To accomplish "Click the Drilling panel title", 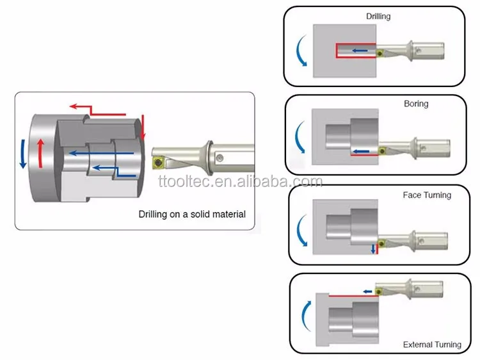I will pyautogui.click(x=378, y=16).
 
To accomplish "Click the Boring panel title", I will pyautogui.click(x=416, y=104).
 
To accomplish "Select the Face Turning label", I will pyautogui.click(x=427, y=195).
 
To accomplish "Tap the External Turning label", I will pyautogui.click(x=432, y=345).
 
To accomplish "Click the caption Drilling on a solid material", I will pyautogui.click(x=192, y=215).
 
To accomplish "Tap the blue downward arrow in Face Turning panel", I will pyautogui.click(x=372, y=249).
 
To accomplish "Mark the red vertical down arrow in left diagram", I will pyautogui.click(x=144, y=127).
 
